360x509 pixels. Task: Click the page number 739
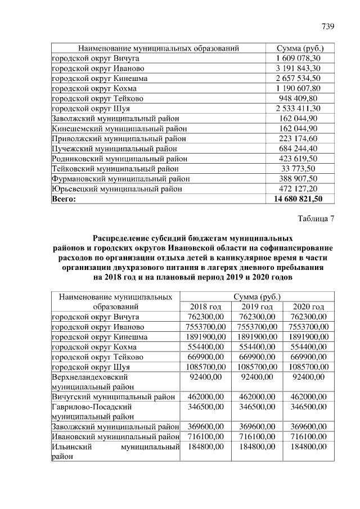pos(328,26)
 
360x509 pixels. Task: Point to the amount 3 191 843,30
pos(298,68)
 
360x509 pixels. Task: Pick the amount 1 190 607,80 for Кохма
pos(298,88)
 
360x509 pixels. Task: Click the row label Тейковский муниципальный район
pos(115,169)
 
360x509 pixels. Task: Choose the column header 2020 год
pos(309,307)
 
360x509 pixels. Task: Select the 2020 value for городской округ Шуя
pos(309,367)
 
